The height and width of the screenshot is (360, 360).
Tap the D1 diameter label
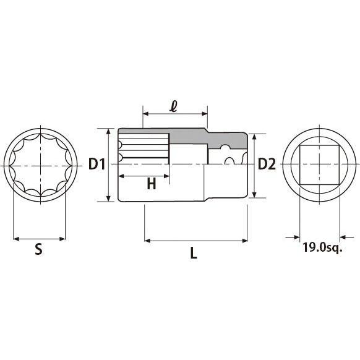(97, 165)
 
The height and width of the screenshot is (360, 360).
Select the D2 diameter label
(266, 164)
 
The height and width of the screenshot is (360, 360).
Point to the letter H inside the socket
(150, 184)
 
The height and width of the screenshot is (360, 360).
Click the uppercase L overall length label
(194, 253)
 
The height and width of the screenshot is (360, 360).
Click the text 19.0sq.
(322, 248)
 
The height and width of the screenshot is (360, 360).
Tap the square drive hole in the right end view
(319, 165)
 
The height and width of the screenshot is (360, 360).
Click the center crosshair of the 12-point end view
(40, 165)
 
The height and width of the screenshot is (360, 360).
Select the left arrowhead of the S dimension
(15, 238)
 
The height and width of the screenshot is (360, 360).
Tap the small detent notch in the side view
(229, 161)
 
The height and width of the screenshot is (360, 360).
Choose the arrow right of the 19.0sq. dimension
(344, 236)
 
